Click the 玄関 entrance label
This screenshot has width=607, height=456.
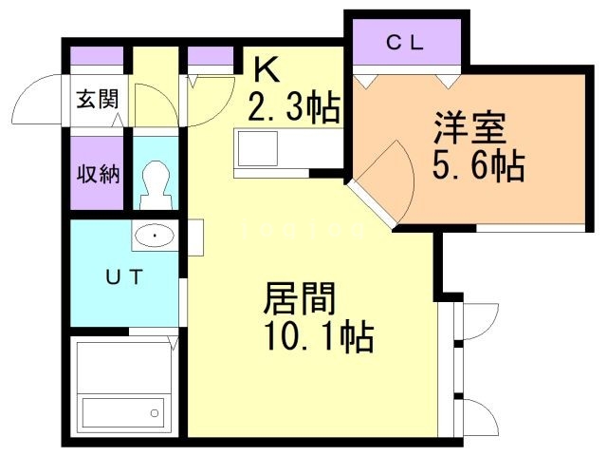point(98,100)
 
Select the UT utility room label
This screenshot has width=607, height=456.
point(123,277)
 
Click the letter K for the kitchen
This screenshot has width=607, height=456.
point(265,68)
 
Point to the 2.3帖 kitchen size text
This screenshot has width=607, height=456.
point(293,108)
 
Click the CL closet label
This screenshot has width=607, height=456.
point(405,43)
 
